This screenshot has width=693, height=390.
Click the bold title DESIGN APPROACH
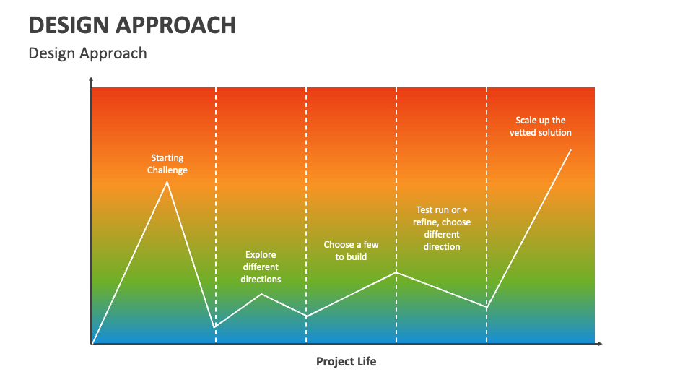132,25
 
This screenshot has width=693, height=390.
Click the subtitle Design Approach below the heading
87,53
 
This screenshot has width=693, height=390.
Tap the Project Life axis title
346,361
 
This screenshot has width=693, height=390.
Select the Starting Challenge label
167,164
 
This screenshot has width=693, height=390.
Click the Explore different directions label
261,266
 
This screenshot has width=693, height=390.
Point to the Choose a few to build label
351,251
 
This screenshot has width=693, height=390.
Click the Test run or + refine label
442,228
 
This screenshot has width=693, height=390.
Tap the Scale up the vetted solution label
540,126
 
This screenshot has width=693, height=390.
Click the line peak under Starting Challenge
167,181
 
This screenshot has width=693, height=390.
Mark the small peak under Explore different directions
261,294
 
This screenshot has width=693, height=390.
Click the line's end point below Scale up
571,149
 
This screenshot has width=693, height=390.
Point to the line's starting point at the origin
92,343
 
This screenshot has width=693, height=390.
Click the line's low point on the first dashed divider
215,327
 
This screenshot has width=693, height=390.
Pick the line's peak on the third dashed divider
396,272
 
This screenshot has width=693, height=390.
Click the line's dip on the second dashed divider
306,316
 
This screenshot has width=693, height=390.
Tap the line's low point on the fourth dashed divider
487,308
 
